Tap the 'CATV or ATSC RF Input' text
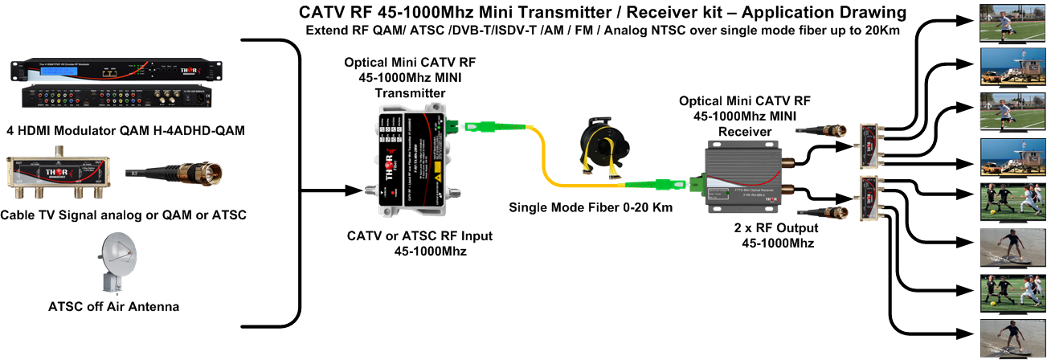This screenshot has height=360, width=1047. click(x=419, y=236)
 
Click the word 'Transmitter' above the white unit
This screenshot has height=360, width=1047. click(x=410, y=93)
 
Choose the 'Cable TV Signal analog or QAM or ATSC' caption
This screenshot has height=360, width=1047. click(x=123, y=215)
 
